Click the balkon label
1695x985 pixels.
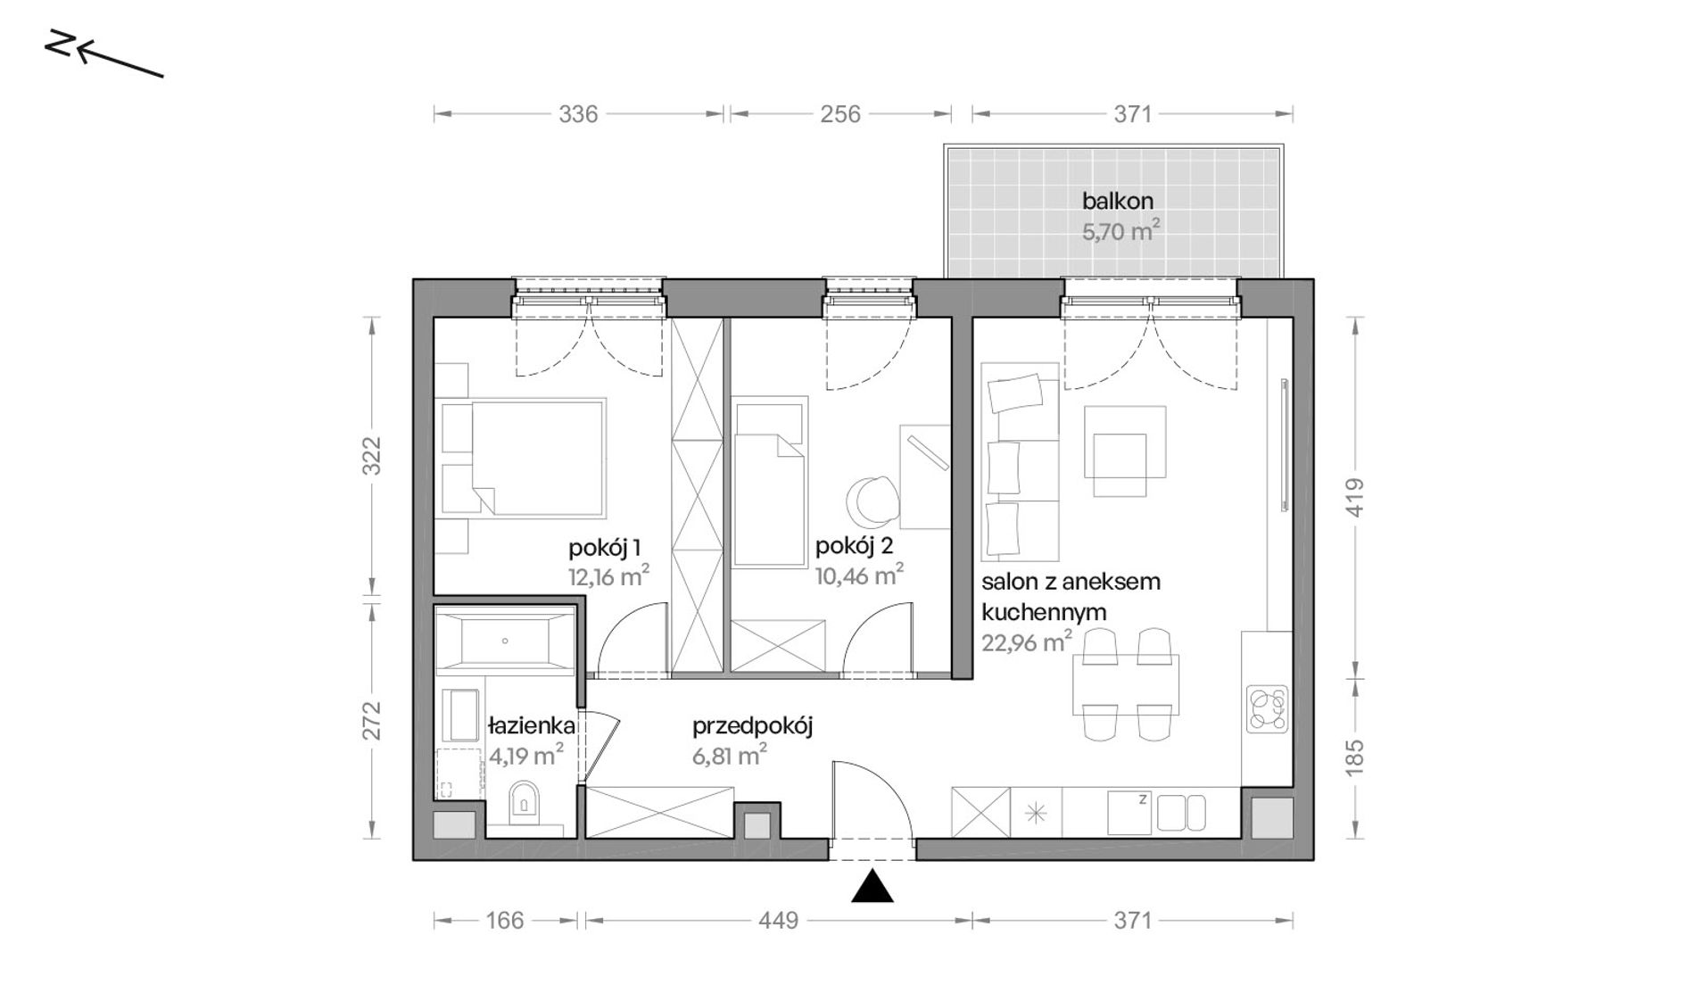1118,201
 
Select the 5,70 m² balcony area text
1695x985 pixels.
1120,231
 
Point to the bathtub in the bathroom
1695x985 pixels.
504,640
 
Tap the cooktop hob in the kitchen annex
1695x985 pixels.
1268,709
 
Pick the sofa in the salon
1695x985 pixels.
1020,461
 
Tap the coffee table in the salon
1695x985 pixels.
1124,451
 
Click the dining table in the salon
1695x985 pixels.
1126,684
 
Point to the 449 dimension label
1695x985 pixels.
778,920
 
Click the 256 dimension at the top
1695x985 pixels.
840,114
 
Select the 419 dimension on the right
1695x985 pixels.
1354,497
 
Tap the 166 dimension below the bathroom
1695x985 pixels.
505,920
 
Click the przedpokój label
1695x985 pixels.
752,726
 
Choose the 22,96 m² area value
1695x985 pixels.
1027,641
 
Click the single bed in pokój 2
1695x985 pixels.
769,482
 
